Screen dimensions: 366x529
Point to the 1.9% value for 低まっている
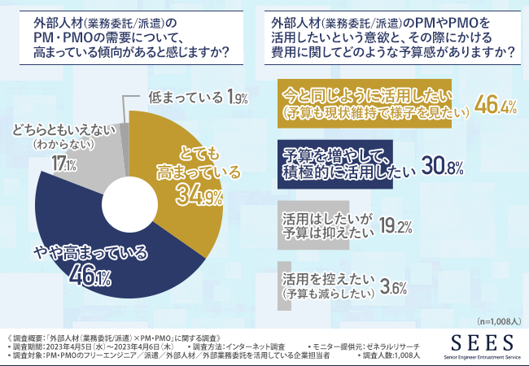[x=237, y=98]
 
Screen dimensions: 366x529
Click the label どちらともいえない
[x=63, y=129]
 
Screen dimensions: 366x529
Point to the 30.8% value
[x=443, y=168]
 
